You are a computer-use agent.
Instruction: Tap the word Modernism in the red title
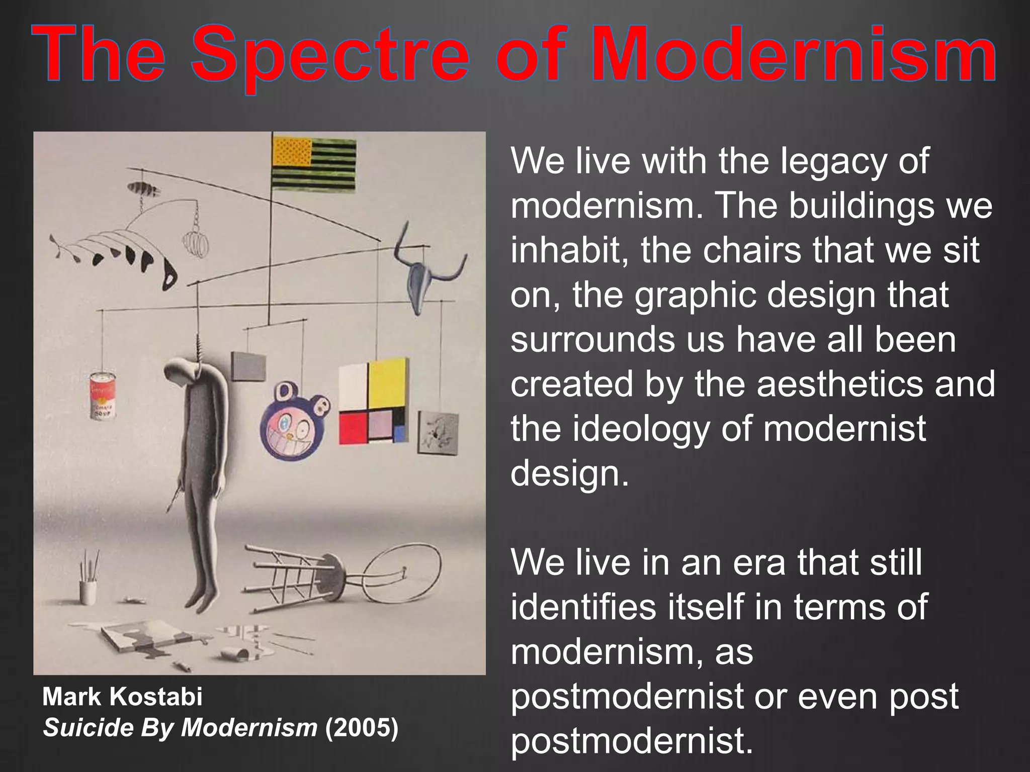[794, 54]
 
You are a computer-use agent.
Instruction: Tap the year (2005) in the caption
[362, 727]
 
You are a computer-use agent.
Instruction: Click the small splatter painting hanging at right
[438, 431]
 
